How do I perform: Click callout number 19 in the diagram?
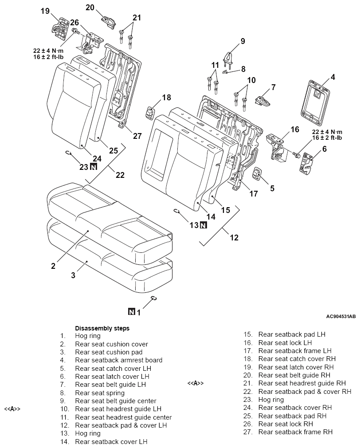click(45, 11)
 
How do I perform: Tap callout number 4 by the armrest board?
click(333, 77)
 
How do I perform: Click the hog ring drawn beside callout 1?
click(154, 298)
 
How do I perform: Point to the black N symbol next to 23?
click(94, 167)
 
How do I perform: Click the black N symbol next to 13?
click(203, 225)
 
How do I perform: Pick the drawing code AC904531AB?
click(341, 317)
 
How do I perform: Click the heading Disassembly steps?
click(102, 328)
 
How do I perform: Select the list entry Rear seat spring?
click(100, 393)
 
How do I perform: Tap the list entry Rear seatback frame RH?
click(295, 432)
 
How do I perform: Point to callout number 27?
click(137, 136)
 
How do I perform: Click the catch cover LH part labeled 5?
click(257, 174)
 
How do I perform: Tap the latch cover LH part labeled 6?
click(306, 163)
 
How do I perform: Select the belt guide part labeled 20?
click(108, 22)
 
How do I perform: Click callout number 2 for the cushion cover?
click(53, 266)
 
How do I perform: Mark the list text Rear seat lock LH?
click(285, 342)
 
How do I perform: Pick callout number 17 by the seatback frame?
click(254, 194)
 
